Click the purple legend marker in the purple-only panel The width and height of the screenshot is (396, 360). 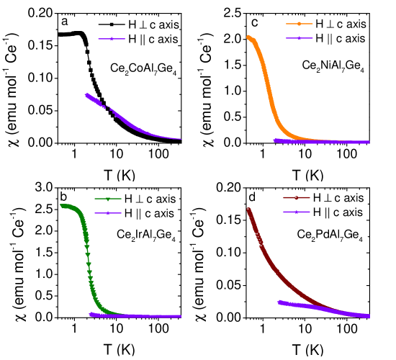(112, 39)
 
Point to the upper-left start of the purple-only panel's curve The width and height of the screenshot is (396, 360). (86, 94)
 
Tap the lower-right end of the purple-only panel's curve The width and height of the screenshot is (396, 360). (181, 138)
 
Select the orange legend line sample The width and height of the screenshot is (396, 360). (299, 24)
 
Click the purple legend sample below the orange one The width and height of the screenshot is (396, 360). (299, 38)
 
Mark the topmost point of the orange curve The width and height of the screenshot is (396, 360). (248, 37)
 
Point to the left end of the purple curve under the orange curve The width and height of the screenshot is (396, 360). (275, 140)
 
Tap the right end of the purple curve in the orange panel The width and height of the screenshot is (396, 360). (369, 142)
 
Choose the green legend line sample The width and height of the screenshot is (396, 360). (108, 199)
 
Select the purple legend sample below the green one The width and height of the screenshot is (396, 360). (108, 213)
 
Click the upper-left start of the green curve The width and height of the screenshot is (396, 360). (62, 206)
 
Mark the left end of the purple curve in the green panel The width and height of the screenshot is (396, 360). (91, 314)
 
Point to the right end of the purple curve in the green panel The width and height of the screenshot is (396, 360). (180, 316)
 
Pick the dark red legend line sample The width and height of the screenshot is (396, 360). (296, 197)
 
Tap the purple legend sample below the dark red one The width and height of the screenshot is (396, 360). (296, 212)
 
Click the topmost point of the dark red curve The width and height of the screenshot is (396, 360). (248, 210)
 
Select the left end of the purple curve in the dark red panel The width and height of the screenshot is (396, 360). (279, 302)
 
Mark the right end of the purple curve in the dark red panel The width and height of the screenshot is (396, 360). (369, 315)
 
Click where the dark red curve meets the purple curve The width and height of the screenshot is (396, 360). (338, 310)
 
